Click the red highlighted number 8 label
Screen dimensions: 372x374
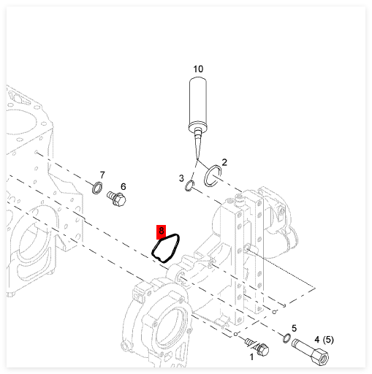pyautogui.click(x=161, y=232)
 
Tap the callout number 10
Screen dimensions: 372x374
pyautogui.click(x=198, y=69)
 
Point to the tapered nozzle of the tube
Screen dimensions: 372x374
pyautogui.click(x=197, y=145)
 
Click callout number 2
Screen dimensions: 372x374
pyautogui.click(x=224, y=162)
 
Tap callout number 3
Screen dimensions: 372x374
pyautogui.click(x=181, y=178)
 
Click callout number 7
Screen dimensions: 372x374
pyautogui.click(x=102, y=175)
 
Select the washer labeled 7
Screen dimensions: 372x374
pyautogui.click(x=94, y=188)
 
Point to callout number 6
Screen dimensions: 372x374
pyautogui.click(x=124, y=187)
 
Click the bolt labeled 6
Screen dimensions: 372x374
pyautogui.click(x=116, y=199)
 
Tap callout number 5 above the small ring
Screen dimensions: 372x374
pyautogui.click(x=294, y=329)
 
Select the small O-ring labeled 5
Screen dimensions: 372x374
pyautogui.click(x=284, y=338)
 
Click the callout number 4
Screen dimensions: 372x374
pyautogui.click(x=316, y=340)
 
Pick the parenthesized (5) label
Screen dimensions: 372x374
pyautogui.click(x=328, y=340)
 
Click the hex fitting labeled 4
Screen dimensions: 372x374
pyautogui.click(x=311, y=351)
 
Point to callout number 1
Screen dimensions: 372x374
pyautogui.click(x=252, y=357)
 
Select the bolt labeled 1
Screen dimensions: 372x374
pyautogui.click(x=257, y=347)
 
